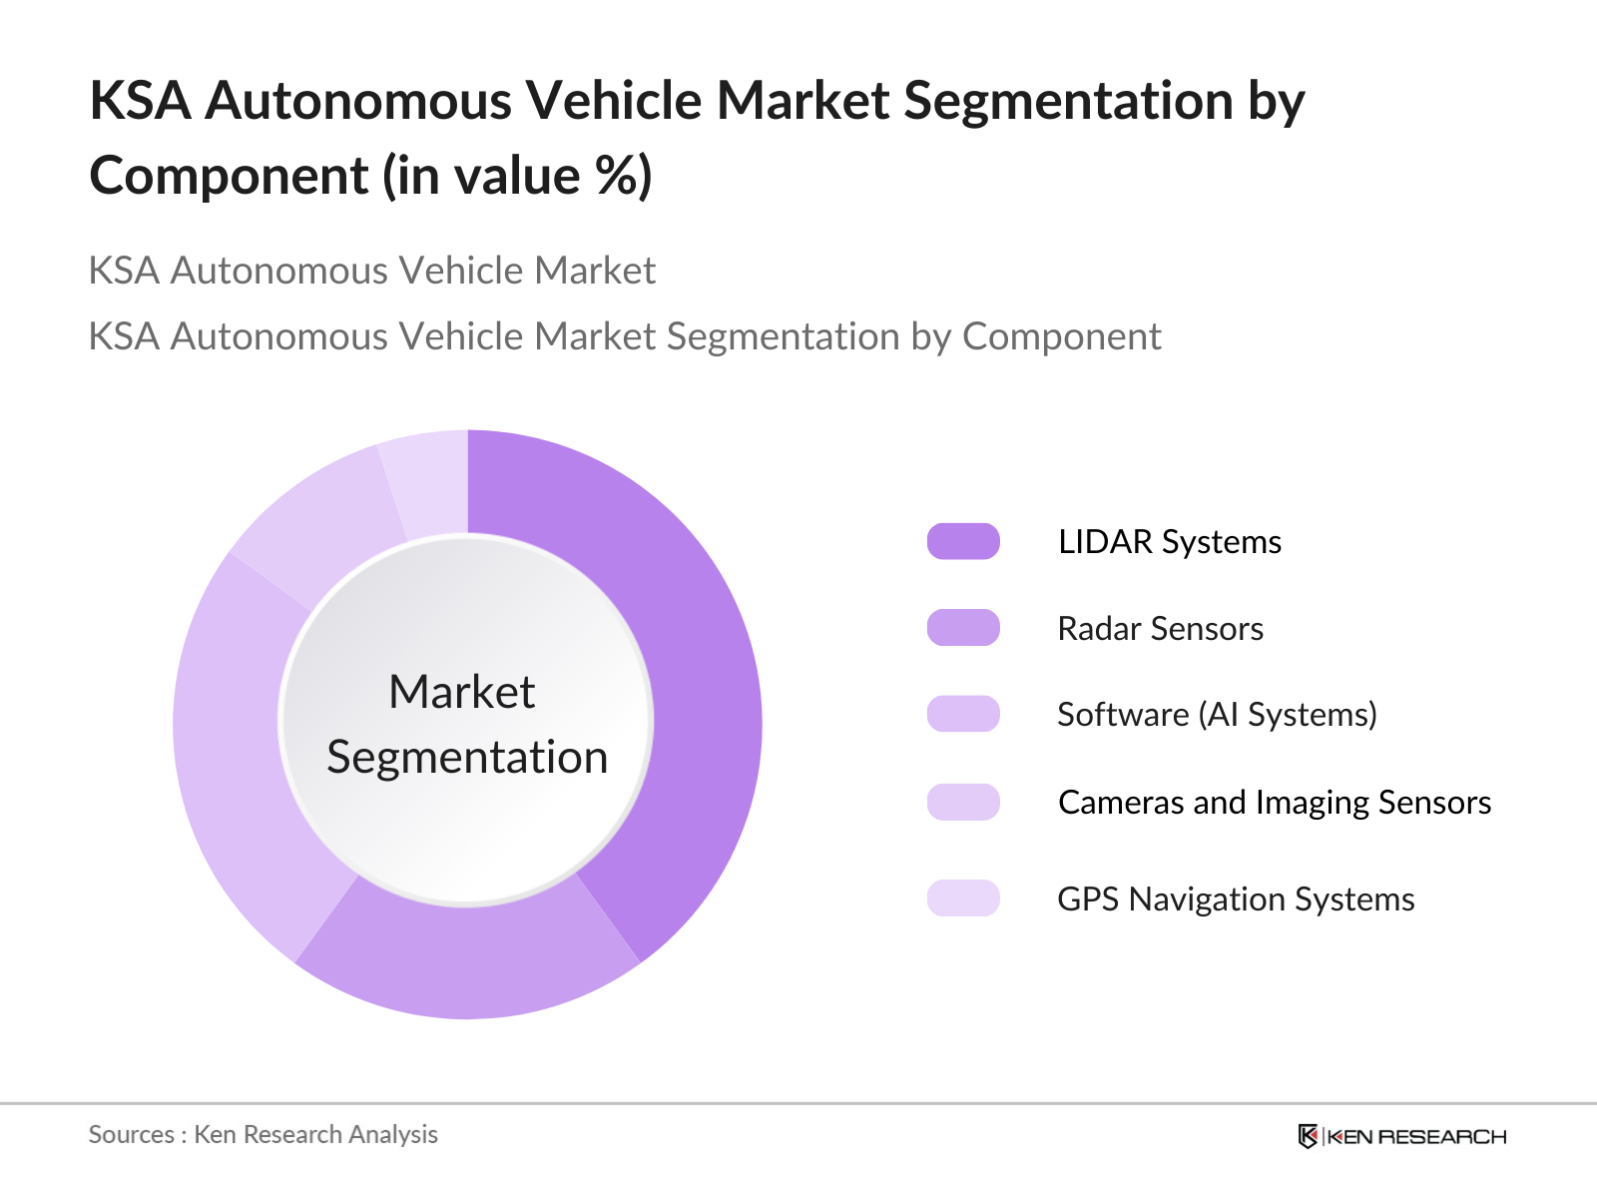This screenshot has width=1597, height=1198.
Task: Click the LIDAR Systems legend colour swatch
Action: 963,541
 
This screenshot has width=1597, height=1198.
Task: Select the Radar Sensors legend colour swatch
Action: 963,628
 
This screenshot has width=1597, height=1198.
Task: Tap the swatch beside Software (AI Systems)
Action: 963,714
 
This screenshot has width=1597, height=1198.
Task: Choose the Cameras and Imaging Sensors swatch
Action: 963,802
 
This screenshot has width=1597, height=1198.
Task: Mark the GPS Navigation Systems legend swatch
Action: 963,898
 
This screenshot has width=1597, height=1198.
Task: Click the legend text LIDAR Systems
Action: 1169,542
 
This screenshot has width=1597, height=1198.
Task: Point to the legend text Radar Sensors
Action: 1160,629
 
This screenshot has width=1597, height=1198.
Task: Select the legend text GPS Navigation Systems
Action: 1236,899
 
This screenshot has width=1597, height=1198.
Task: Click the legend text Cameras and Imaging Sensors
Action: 1275,803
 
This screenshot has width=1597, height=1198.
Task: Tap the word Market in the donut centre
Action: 462,692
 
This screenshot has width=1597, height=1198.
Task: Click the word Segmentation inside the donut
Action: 467,757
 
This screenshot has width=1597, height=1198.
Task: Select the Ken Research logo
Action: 1401,1136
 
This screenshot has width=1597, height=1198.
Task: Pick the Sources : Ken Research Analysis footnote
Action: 264,1135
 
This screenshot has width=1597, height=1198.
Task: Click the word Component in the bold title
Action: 230,176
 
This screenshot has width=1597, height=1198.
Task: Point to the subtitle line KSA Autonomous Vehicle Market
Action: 372,271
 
